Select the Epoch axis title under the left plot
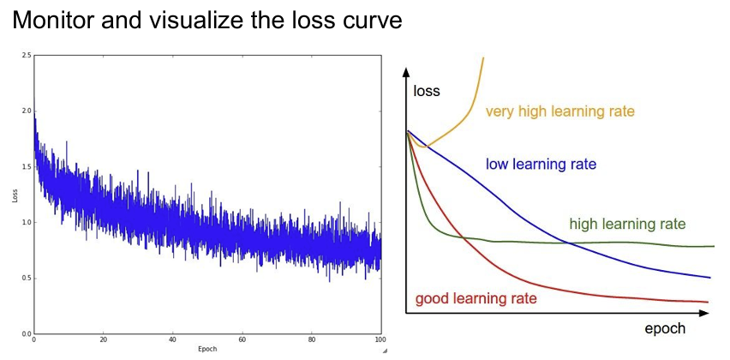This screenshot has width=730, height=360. [x=207, y=350]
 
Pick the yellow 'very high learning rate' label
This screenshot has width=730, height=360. [x=560, y=111]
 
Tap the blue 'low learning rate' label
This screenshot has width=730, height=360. [x=541, y=164]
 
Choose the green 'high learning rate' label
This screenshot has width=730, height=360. [x=627, y=225]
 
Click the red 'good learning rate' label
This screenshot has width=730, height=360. [x=476, y=298]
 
